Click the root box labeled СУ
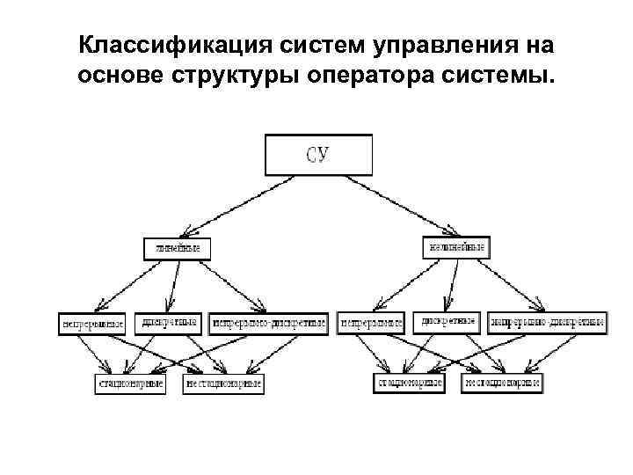[318, 154]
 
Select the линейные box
[178, 248]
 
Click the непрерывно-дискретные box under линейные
[268, 323]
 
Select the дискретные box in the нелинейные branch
[447, 322]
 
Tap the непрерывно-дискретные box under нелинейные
[547, 323]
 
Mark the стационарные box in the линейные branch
[130, 384]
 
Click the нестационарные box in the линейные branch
[223, 384]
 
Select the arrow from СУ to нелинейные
[396, 205]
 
